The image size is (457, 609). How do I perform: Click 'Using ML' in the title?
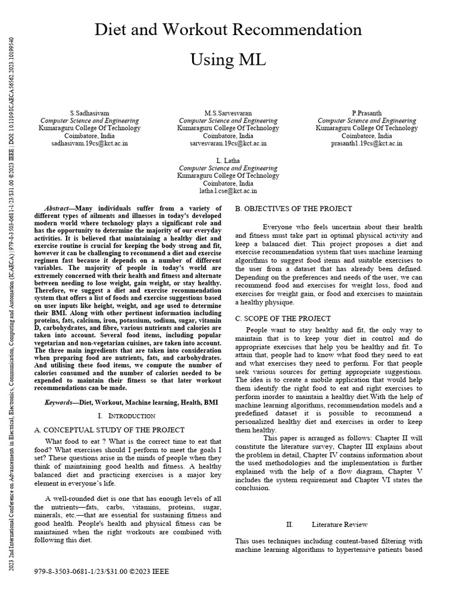tap(228, 59)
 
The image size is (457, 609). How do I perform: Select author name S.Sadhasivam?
tap(89, 112)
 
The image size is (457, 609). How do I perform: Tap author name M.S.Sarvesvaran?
tap(228, 112)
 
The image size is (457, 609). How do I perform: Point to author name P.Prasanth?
tap(367, 112)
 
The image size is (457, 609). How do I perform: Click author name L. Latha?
tap(228, 161)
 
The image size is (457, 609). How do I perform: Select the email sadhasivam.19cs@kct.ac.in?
tap(89, 143)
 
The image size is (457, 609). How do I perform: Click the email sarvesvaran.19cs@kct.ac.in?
tap(228, 143)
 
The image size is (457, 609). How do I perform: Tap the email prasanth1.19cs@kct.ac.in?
tap(367, 143)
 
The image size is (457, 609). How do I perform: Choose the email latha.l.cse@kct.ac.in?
tap(228, 191)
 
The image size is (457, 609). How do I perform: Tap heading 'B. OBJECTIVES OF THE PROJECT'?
tap(294, 209)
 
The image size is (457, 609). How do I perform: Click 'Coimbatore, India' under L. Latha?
tap(228, 183)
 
